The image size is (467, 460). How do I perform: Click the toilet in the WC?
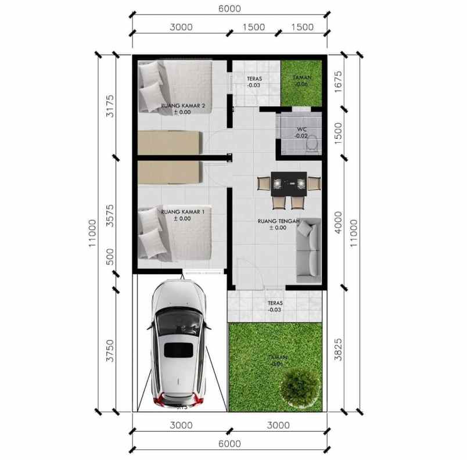pos(312,142)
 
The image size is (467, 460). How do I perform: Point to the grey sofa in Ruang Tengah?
pos(308,250)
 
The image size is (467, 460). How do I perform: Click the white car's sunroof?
pos(178,350)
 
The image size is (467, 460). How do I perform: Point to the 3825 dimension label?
pos(339,348)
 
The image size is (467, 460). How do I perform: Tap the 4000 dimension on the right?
pos(339,223)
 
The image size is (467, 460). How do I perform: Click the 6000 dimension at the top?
pos(229,9)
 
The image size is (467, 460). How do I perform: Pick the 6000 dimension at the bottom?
pos(229,444)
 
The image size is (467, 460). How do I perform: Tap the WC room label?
pos(301,129)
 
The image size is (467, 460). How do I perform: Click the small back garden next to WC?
pos(301,82)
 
